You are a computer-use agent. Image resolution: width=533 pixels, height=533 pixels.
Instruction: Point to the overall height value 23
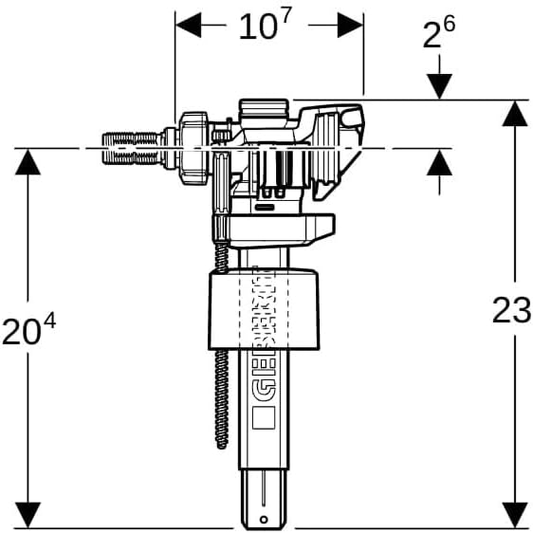click(511, 310)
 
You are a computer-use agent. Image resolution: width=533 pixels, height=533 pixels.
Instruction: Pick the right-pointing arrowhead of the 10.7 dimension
click(350, 26)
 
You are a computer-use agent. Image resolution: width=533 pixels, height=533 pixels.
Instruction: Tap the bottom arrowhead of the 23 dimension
click(512, 512)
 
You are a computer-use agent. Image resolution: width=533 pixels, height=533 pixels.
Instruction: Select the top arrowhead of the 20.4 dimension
click(27, 163)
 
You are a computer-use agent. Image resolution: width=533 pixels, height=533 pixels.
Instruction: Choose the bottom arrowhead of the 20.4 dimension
click(27, 512)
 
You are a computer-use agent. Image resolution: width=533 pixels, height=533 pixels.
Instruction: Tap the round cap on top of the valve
click(265, 107)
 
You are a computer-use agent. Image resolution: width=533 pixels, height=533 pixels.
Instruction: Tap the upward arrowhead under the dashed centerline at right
click(440, 164)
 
